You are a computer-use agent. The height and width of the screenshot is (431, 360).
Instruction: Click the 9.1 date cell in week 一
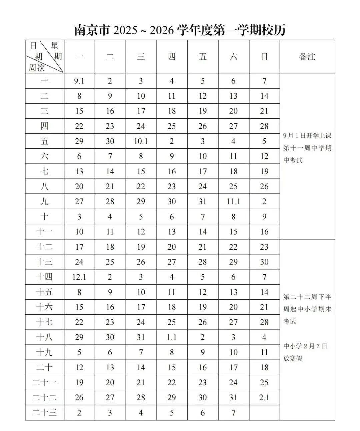pos(79,81)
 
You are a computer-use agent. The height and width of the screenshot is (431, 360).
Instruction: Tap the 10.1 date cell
pos(141,141)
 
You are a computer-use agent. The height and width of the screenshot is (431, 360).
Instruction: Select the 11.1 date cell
pos(233,202)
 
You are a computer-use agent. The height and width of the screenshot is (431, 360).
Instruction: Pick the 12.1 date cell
pos(79,277)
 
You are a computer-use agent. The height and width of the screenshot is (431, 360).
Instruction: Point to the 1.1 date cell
pos(171,337)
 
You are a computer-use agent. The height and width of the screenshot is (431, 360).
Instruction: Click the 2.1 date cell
pos(264,398)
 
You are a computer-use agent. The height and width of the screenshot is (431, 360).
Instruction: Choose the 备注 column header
pos(307,57)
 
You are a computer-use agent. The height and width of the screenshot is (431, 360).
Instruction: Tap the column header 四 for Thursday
pos(171,57)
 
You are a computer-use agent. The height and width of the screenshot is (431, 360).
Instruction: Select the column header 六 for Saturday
pos(233,57)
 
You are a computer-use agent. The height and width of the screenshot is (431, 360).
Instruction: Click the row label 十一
pos(44,232)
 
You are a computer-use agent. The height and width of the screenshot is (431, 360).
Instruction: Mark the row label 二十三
pos(44,413)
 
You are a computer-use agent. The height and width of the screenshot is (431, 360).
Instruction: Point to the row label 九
pos(44,202)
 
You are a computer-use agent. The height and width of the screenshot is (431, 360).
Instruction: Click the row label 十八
pos(44,337)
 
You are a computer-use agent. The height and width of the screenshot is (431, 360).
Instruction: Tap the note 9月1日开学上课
pos(307,136)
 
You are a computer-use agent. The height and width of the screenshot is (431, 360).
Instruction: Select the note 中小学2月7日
pos(305,346)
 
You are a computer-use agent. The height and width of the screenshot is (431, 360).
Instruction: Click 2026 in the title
pos(162,30)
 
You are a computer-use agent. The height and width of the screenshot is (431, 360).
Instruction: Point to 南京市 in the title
pos(92,30)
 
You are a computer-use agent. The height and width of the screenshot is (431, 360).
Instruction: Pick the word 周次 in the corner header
pos(36,68)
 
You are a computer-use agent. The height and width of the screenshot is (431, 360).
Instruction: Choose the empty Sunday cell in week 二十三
pos(264,413)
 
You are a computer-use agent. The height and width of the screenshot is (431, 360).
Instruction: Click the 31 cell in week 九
pos(202,202)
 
